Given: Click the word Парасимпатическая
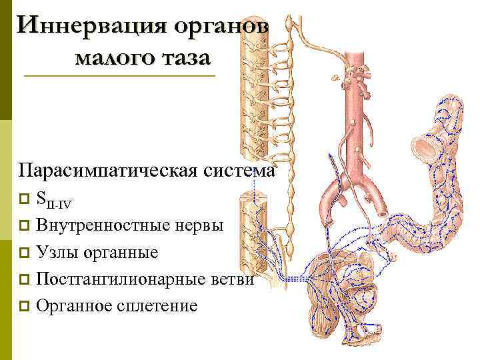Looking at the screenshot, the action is (108, 171).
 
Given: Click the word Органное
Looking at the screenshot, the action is (75, 307).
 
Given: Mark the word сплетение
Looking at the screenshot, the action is (157, 307).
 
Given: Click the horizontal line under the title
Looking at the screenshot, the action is (120, 76).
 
